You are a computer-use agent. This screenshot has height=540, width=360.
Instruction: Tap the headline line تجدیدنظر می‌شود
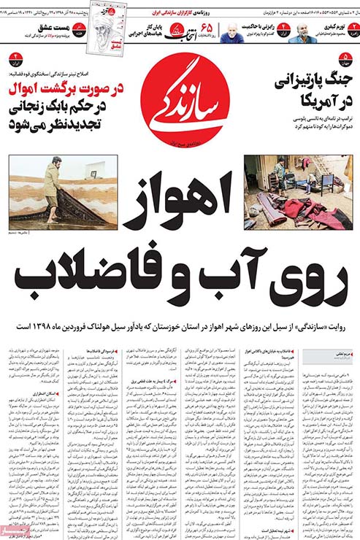[66, 123]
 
